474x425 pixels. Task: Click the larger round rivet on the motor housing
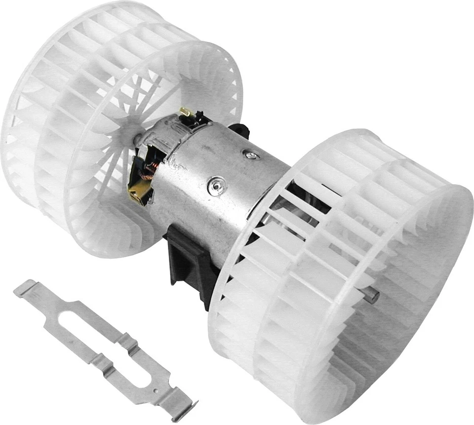pos(214,185)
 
